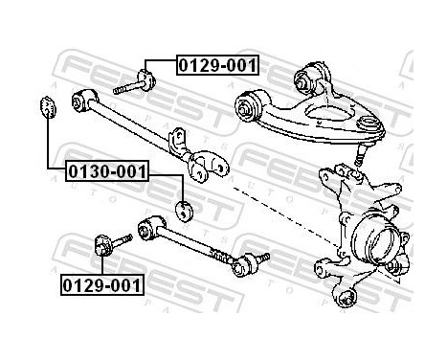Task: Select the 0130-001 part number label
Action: click(x=107, y=172)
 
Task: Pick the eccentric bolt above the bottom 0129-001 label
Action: click(x=107, y=246)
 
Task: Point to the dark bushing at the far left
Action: click(x=43, y=106)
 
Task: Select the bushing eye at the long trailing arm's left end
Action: click(x=82, y=99)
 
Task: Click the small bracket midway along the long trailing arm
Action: click(x=175, y=141)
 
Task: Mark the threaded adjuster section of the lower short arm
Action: click(x=220, y=254)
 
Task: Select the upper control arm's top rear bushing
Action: click(x=312, y=74)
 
